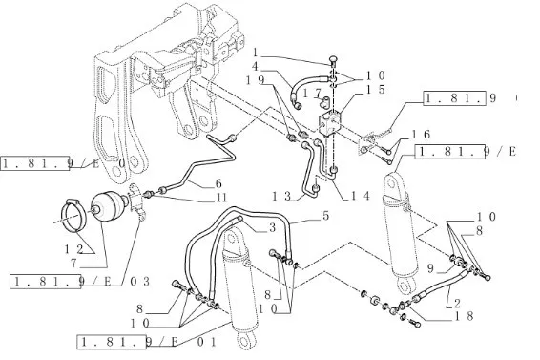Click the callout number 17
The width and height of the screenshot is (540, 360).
(x=312, y=94)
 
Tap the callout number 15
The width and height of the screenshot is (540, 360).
(x=375, y=90)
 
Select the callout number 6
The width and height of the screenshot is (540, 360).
(x=218, y=183)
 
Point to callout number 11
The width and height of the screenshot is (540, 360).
(x=221, y=198)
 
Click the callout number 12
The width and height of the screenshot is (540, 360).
(x=74, y=249)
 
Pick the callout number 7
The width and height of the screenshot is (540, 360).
(x=73, y=264)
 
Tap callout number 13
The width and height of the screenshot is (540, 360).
(x=281, y=196)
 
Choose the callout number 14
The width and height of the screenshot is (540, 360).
(x=360, y=196)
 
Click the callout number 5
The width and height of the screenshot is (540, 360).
(x=325, y=216)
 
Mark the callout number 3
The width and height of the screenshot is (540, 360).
(x=272, y=227)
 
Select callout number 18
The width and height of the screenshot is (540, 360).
(x=465, y=316)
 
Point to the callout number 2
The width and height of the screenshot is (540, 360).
(x=457, y=304)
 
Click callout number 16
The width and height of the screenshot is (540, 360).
(x=421, y=134)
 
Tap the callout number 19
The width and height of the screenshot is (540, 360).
(x=255, y=80)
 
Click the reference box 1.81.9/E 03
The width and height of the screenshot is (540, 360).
(x=80, y=282)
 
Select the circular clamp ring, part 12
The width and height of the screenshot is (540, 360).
(x=74, y=215)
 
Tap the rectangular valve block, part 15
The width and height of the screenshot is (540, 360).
(x=329, y=122)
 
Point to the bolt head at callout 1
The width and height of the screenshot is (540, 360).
(x=333, y=60)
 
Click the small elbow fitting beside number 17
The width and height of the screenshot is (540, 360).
(x=324, y=101)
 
